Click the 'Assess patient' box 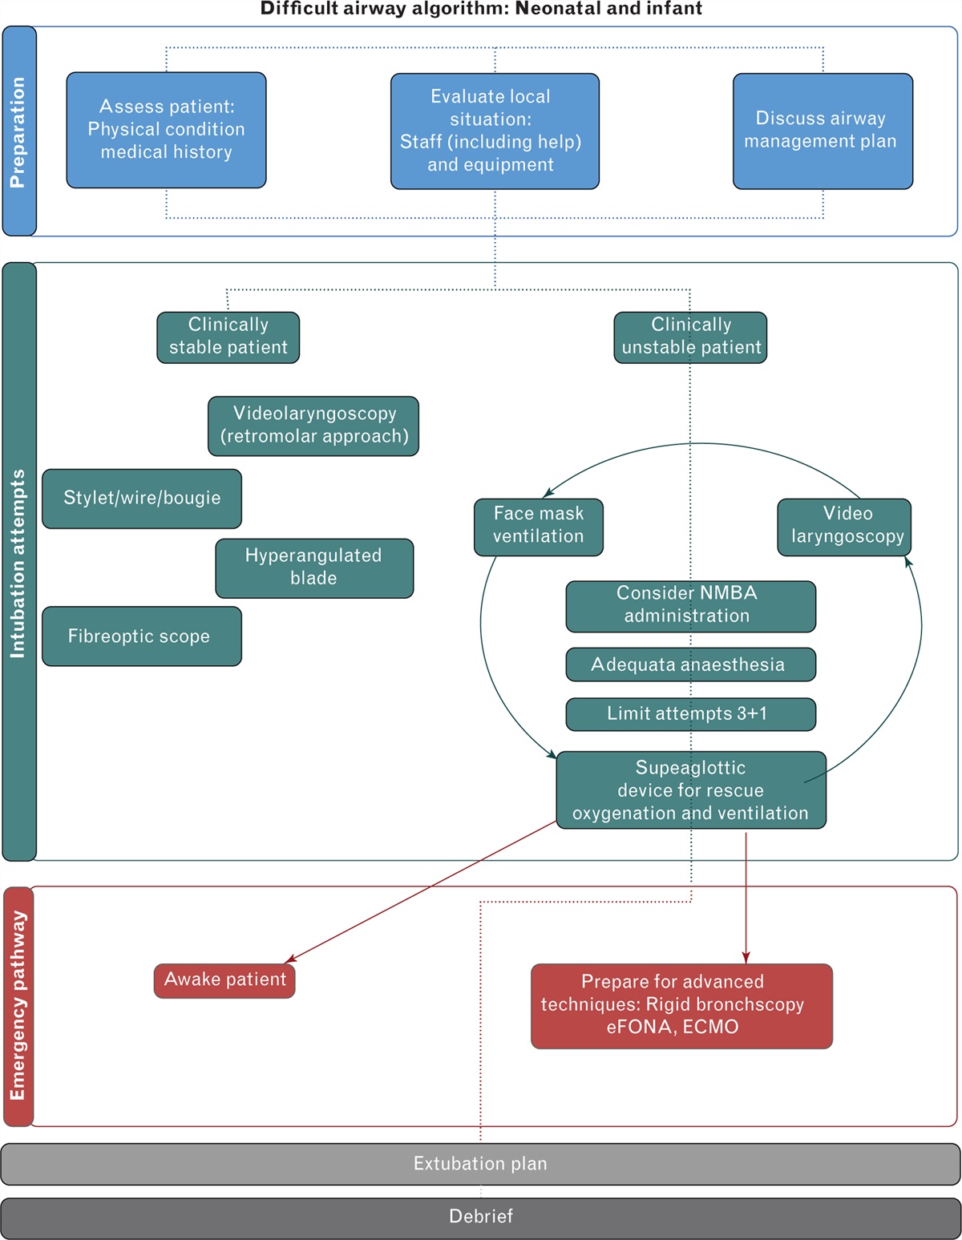coord(166,130)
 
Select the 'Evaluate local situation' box coord(495,131)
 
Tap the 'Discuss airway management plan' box coord(823,131)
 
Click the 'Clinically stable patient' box coord(228,337)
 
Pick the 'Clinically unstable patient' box coord(690,337)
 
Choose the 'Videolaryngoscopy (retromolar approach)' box coord(313,426)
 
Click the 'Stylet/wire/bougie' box coord(142,499)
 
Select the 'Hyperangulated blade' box coord(314,567)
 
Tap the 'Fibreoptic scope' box coord(142,636)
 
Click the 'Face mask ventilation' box coord(538,527)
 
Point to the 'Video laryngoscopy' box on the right coord(844,527)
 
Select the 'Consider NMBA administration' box coord(690,606)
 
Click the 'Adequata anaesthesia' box coord(690,664)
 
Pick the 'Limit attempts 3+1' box coord(690,714)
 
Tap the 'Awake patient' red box coord(224,980)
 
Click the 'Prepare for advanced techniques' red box coord(681,1005)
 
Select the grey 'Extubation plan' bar coord(480,1164)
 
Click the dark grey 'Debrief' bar coord(480,1217)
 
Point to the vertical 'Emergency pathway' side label coord(18,1006)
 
